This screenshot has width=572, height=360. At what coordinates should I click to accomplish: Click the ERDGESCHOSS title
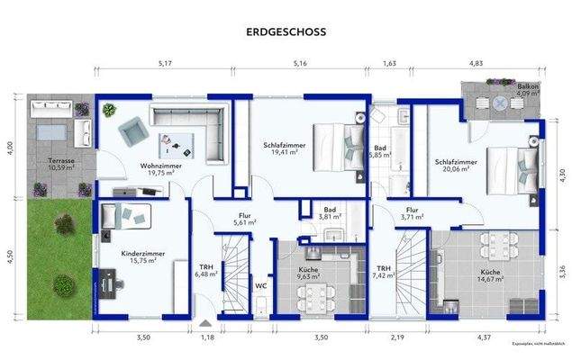(286, 31)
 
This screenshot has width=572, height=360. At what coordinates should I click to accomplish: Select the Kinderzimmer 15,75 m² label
(143, 258)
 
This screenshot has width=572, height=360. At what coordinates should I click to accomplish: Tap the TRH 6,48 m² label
(206, 271)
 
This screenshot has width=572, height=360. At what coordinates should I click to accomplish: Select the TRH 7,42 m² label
(384, 272)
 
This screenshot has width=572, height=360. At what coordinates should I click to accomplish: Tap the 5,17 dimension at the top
(165, 64)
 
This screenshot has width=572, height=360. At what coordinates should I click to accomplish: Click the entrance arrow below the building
(205, 321)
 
